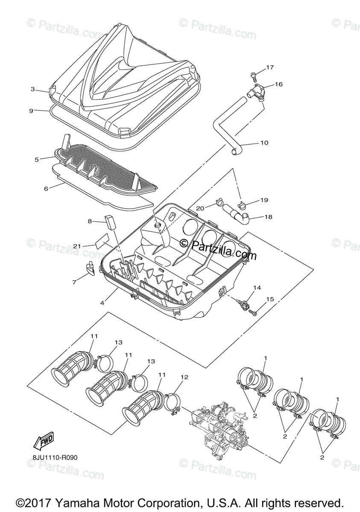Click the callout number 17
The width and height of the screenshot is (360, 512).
point(269,67)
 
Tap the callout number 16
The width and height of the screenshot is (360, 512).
point(278,84)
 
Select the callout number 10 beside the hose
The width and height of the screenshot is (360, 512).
point(264,143)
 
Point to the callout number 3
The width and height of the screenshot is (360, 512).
point(32,89)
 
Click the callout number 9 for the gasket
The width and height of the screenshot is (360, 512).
point(31,111)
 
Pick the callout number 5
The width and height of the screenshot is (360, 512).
point(37,159)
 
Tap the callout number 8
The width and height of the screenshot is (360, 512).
point(90,221)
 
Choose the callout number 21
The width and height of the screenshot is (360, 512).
point(77,246)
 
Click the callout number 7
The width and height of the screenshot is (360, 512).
point(74,282)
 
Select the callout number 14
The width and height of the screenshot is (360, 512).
point(256,288)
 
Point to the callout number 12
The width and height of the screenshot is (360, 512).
point(184,377)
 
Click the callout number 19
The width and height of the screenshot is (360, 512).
point(264,200)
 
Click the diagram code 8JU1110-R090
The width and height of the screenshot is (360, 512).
point(55,458)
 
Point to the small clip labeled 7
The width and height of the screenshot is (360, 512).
point(91,267)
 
